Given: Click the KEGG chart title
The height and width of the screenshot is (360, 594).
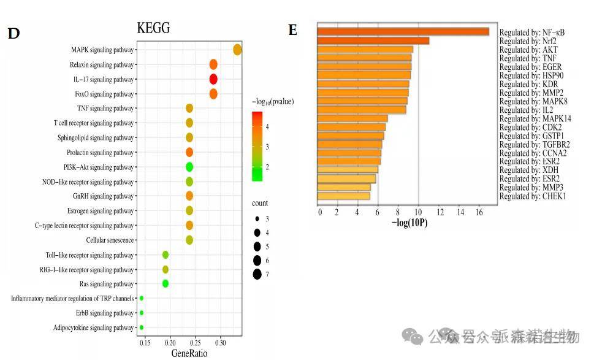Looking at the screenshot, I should tap(153, 28).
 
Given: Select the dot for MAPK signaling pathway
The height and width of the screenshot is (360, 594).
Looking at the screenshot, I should tap(237, 50).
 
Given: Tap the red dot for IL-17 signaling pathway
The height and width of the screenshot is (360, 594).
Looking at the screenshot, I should tap(213, 79).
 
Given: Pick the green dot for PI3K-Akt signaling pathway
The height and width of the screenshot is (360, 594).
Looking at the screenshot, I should tap(189, 167).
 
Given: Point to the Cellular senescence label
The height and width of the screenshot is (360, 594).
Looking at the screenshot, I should tap(110, 240).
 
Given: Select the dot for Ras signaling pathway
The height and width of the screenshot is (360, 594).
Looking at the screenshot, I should tap(166, 283).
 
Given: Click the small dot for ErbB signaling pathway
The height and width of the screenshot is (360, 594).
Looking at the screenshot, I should tap(142, 313).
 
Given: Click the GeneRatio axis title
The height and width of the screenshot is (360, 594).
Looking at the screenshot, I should tap(189, 353).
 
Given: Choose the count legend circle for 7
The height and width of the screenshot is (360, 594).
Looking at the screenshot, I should tap(257, 274).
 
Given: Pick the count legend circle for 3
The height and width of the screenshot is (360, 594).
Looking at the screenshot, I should tap(257, 218).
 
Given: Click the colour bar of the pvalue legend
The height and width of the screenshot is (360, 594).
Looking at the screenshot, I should tap(257, 146).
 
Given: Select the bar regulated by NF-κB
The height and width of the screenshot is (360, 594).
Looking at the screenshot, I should tap(403, 32).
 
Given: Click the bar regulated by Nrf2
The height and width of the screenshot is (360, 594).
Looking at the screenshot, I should tap(373, 41).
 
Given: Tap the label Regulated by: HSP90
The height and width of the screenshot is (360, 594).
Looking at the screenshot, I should tap(530, 75).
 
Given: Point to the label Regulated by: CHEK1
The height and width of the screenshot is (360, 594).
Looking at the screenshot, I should tap(533, 196).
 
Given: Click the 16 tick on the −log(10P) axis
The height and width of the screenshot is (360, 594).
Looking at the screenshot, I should tap(478, 212).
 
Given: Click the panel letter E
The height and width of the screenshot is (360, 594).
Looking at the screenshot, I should tap(293, 30).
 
